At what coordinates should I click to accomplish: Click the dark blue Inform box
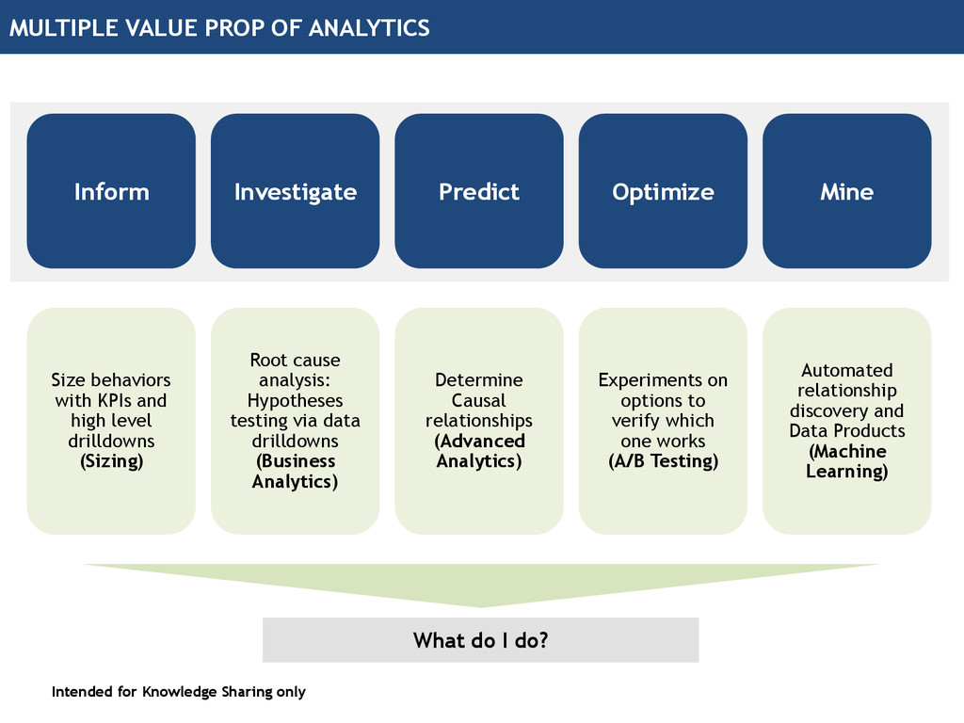111,191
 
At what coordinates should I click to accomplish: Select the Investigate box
295,191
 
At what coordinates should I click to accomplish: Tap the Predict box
478,191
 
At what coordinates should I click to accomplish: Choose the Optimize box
663,191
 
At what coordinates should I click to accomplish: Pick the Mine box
846,191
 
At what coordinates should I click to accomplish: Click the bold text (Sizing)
111,461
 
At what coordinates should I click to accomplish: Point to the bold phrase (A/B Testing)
663,461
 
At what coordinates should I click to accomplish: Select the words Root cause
295,360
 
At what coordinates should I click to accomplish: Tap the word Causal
478,400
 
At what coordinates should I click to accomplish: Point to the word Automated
846,370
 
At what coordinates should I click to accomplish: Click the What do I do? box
480,640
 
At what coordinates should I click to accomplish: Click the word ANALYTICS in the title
369,27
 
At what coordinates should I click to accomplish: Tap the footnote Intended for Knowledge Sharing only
179,692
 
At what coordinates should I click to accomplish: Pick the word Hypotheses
295,400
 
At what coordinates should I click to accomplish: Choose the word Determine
478,380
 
